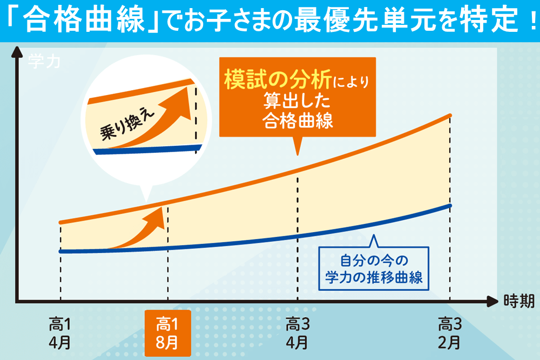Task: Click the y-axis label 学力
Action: [43, 60]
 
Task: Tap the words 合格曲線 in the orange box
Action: [298, 120]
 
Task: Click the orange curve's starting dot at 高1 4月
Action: [60, 222]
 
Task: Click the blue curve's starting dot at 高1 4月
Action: [60, 251]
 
